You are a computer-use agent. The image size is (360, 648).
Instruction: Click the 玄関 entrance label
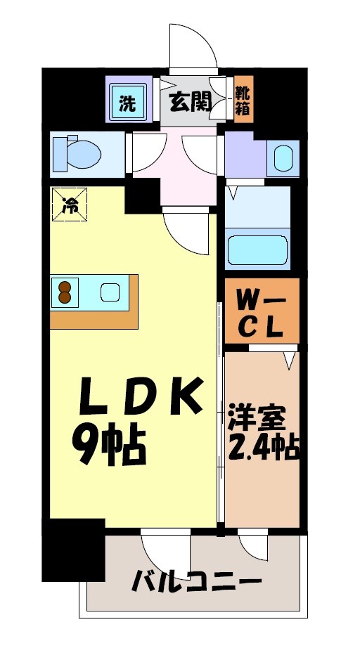(x=190, y=103)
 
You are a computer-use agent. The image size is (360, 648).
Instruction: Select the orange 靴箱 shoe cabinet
(x=243, y=99)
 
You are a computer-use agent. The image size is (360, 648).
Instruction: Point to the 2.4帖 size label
(x=263, y=447)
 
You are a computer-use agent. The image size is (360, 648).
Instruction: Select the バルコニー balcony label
(x=197, y=583)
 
